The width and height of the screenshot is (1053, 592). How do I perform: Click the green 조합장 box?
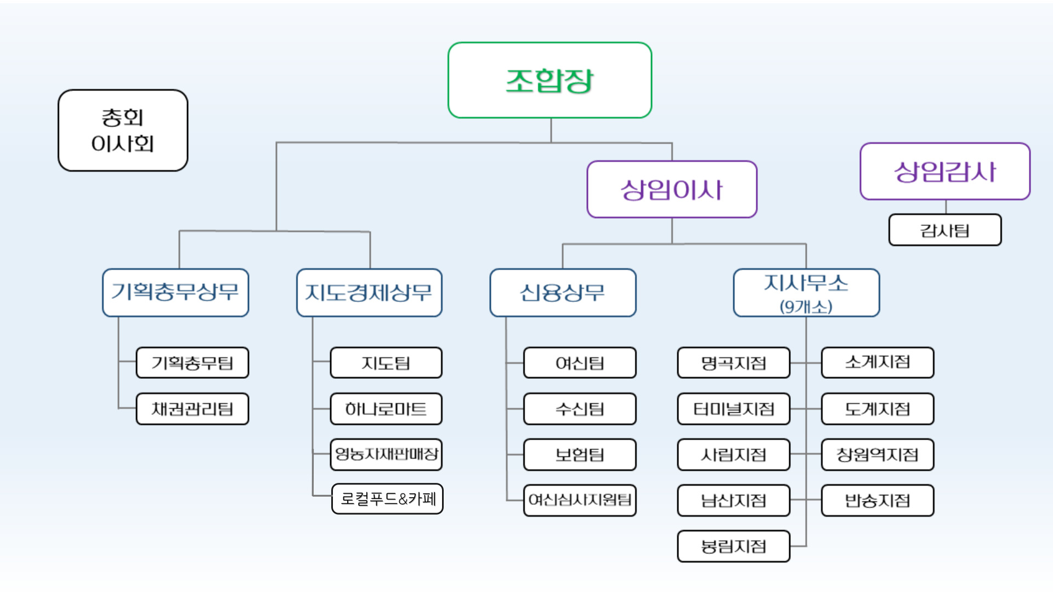tap(550, 81)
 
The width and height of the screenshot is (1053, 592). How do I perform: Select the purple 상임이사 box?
tap(672, 190)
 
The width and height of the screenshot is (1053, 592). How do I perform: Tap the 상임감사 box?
tap(945, 172)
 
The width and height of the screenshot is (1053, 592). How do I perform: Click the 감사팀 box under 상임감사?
tap(945, 230)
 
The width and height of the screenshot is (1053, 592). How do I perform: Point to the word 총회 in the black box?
tap(123, 117)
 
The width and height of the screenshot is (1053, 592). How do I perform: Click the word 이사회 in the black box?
tap(123, 144)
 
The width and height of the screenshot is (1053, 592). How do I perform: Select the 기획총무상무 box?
tap(175, 292)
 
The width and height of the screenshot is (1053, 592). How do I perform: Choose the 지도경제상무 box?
tap(369, 292)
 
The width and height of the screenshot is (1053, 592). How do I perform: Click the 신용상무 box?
tap(563, 292)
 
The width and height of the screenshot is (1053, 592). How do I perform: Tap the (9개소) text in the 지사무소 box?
tap(806, 306)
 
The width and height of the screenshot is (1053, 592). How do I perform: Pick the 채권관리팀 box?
tap(193, 409)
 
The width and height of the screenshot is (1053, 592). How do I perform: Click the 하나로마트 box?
tap(386, 409)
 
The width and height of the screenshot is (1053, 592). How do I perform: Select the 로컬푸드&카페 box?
tap(388, 499)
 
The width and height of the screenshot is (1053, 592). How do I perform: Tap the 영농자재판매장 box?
tap(386, 454)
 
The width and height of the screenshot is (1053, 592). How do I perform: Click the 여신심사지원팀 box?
tap(580, 500)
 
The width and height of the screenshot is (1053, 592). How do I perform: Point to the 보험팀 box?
tap(580, 454)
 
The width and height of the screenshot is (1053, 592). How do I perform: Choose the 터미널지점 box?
tap(734, 409)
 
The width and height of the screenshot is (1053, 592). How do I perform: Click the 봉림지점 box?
tap(734, 546)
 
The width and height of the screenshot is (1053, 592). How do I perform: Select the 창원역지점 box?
tap(877, 454)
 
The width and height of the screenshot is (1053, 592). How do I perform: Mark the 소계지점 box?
tap(877, 362)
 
